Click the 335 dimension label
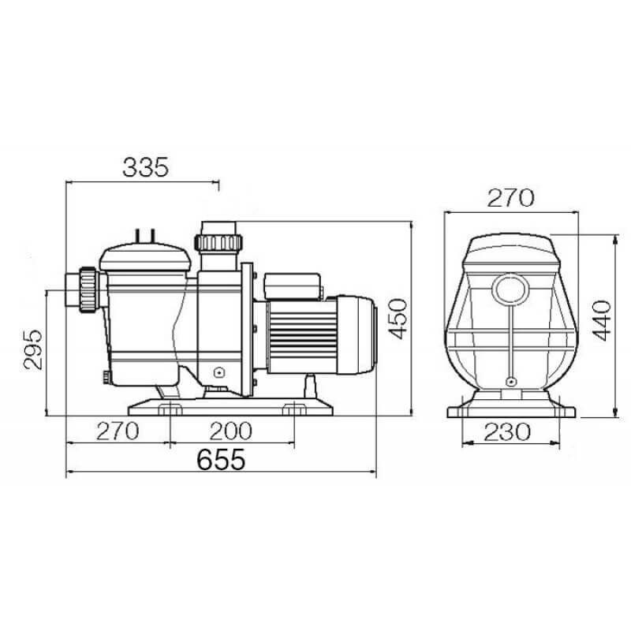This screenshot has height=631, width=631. pyautogui.click(x=146, y=167)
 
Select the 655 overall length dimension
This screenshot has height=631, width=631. pyautogui.click(x=221, y=459)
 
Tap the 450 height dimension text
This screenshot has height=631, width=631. pyautogui.click(x=398, y=319)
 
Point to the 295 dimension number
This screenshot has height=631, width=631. pyautogui.click(x=32, y=349)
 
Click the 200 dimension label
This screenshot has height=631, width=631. pyautogui.click(x=230, y=431)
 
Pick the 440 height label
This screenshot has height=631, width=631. pyautogui.click(x=602, y=320)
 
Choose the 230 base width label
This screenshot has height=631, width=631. pyautogui.click(x=507, y=432)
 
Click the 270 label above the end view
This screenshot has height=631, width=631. pyautogui.click(x=510, y=198)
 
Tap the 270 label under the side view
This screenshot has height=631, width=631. pyautogui.click(x=118, y=431)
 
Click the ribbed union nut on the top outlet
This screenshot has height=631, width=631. pyautogui.click(x=218, y=242)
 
